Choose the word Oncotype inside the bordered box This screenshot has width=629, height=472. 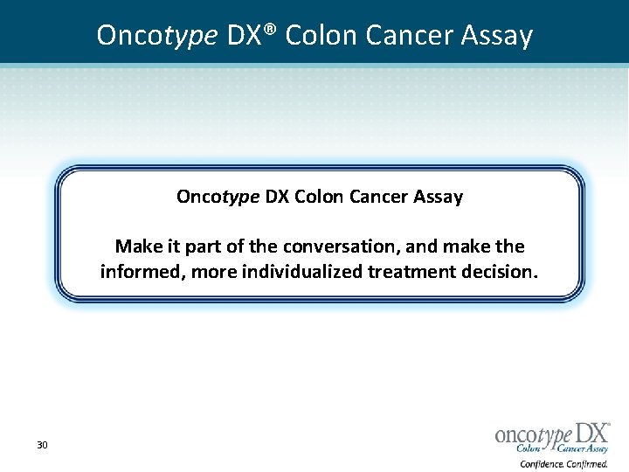218,197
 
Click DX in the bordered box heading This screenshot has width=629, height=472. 277,196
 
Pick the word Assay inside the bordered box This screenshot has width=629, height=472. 439,196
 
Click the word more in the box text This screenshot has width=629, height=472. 213,271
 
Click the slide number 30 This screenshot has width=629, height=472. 42,446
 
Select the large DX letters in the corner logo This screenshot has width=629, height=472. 589,432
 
